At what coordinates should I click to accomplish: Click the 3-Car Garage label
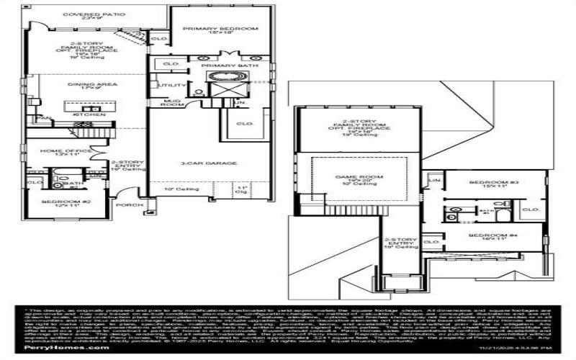(x=209, y=163)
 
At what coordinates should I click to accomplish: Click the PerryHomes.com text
(x=61, y=347)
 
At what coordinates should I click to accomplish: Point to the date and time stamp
(x=518, y=347)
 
